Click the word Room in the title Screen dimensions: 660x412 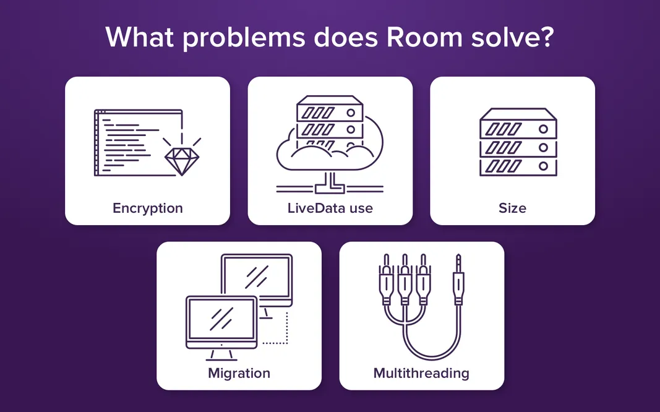tap(425, 37)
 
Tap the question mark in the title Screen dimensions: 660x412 tap(546, 36)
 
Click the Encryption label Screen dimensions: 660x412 tap(148, 208)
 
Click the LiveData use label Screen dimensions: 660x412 tap(330, 208)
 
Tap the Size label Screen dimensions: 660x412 tap(512, 208)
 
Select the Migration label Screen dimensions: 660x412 tap(239, 373)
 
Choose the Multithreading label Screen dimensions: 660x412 tap(421, 373)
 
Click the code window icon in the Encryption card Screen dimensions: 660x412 tap(139, 143)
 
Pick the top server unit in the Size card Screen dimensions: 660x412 tap(518, 123)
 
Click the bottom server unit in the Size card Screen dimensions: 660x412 tap(518, 166)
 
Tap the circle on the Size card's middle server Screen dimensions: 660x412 tap(543, 148)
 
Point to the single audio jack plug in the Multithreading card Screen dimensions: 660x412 tap(458, 280)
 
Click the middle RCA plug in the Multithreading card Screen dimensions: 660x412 tap(405, 280)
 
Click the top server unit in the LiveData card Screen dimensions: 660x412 tap(330, 109)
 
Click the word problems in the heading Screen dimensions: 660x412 tap(243, 38)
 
